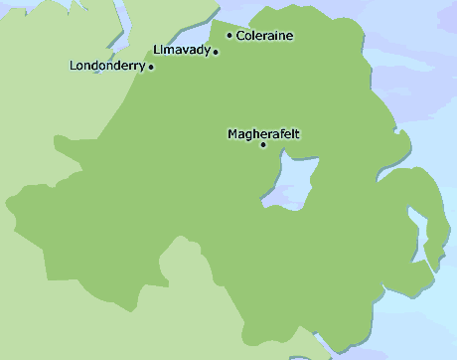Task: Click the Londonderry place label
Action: coord(107,66)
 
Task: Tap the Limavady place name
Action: coord(182,50)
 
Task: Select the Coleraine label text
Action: coord(265,36)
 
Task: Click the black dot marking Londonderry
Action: coord(150,68)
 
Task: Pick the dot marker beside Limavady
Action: coord(216,52)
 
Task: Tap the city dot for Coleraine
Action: coord(229,36)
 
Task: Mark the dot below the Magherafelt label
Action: coord(263,145)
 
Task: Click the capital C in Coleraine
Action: coord(240,36)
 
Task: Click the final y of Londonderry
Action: coord(142,67)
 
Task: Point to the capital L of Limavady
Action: coord(158,50)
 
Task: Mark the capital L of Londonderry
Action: coord(75,66)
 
